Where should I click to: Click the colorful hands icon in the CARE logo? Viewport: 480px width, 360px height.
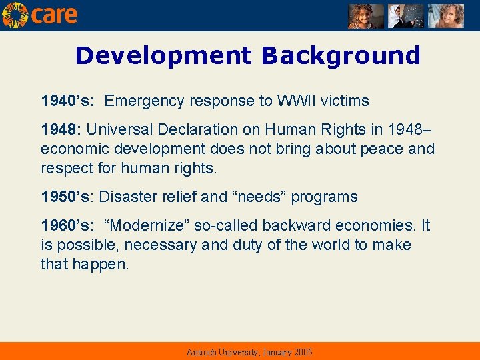point(15,15)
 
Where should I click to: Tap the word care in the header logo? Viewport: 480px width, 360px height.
point(54,15)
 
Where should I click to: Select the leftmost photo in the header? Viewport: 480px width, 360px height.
point(366,16)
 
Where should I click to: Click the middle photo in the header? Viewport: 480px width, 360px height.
point(406,16)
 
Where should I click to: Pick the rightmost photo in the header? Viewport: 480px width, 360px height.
point(445,16)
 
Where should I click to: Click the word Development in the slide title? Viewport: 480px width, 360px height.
point(163,55)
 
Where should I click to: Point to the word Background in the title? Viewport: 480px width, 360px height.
point(341,55)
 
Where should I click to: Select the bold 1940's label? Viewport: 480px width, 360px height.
point(67,101)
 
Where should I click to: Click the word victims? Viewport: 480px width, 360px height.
point(345,101)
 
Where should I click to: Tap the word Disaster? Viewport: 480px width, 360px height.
point(124,197)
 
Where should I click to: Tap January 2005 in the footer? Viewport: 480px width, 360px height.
point(285,352)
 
